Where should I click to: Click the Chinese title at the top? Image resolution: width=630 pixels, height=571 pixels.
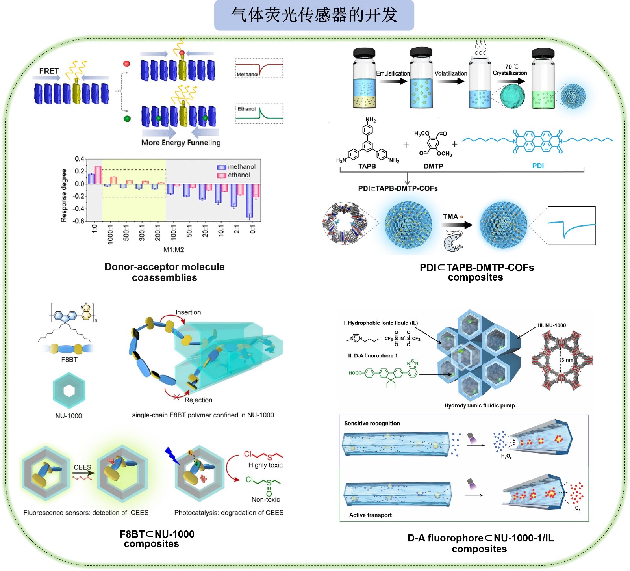(x=314, y=15)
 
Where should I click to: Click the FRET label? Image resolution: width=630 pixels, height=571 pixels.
(x=49, y=71)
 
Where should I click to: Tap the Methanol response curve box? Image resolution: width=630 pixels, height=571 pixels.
(x=259, y=68)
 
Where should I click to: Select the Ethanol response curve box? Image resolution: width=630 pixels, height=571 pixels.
(x=259, y=113)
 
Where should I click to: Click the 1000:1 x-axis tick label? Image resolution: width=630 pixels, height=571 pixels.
(x=110, y=235)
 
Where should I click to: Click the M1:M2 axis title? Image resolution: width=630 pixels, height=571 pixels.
(x=174, y=249)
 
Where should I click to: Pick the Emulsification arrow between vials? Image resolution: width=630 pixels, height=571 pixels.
(x=393, y=81)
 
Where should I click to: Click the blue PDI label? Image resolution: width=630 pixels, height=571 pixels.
(x=538, y=166)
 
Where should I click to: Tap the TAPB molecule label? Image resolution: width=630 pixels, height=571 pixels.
(x=367, y=166)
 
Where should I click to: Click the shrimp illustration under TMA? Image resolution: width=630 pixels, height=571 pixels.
(x=454, y=241)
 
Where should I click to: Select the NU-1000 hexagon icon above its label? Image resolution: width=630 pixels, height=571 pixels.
(x=69, y=391)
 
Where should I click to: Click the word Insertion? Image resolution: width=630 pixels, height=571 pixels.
(x=188, y=312)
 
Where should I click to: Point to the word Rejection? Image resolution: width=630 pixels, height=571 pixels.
(x=198, y=400)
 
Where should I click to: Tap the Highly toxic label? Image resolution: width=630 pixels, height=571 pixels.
(x=265, y=465)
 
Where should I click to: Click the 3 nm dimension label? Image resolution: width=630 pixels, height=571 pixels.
(x=567, y=360)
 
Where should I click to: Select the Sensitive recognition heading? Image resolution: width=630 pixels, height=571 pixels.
(x=372, y=424)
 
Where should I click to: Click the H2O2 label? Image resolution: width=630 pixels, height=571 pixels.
(x=506, y=456)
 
